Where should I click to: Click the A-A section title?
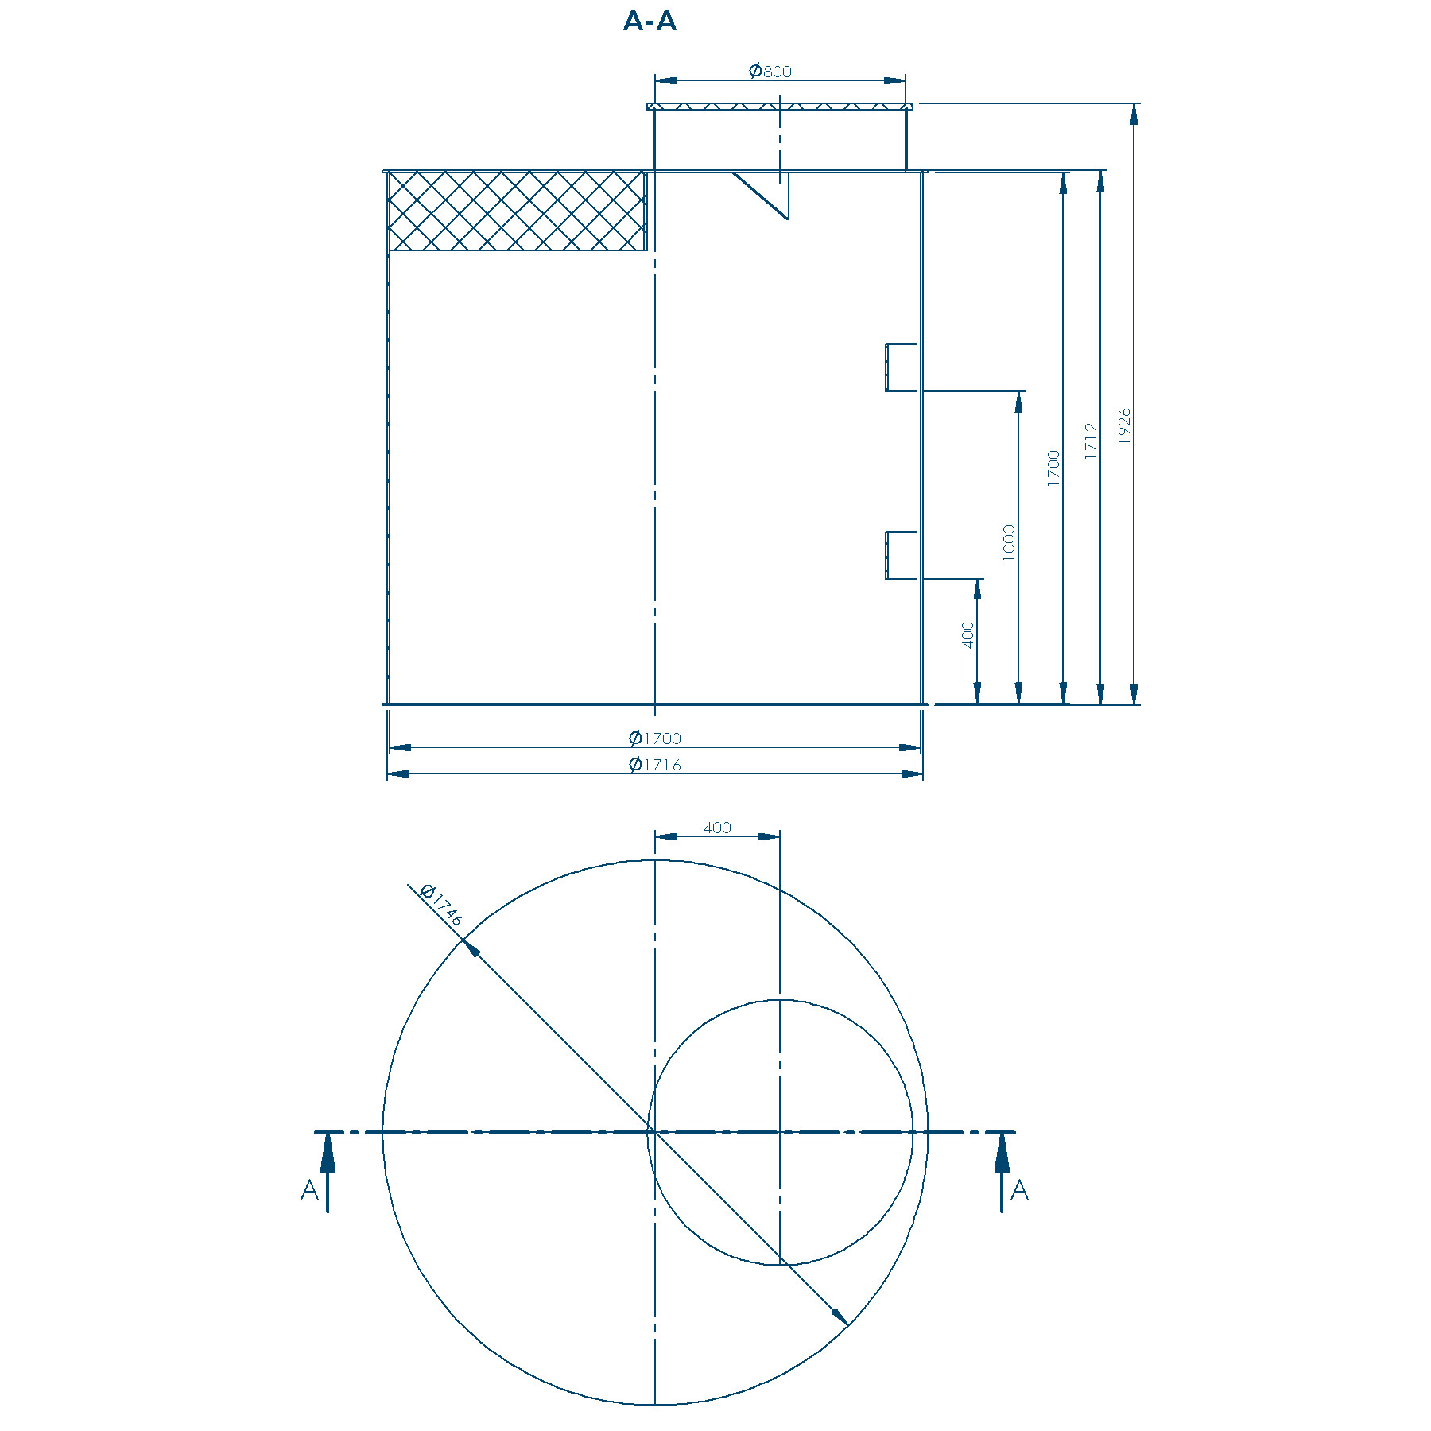pos(650,21)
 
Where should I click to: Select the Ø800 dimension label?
pos(770,71)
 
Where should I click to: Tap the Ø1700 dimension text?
pos(655,738)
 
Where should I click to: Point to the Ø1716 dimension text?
pos(655,764)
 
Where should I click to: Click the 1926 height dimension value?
pos(1123,426)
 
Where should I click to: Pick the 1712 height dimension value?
pos(1091,440)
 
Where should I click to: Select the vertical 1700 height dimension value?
pos(1053,468)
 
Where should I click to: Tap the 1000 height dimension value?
pos(1009,543)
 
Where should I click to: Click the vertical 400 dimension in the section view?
pos(968,635)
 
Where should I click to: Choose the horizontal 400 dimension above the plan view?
pos(717,828)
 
